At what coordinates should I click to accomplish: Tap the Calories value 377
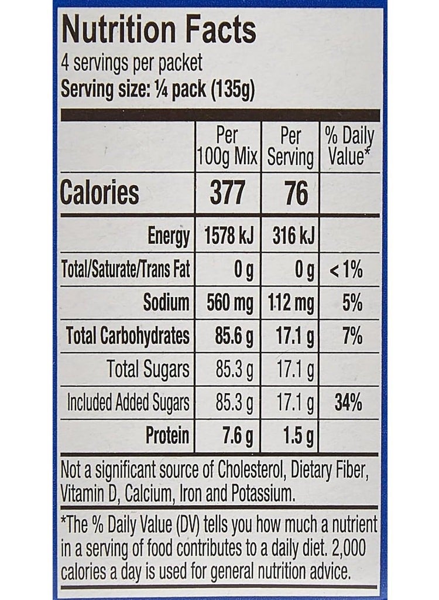(x=227, y=193)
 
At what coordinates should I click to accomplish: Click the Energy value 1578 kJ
(x=227, y=237)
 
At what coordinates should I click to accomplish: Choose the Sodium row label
(x=166, y=303)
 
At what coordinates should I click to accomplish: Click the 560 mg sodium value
(x=229, y=303)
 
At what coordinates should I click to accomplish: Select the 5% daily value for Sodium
(x=351, y=303)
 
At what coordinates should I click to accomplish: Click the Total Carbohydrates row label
(x=128, y=336)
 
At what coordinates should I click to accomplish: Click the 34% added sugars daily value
(x=348, y=403)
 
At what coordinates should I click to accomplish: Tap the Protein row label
(x=167, y=435)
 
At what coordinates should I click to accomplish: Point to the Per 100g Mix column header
(x=227, y=147)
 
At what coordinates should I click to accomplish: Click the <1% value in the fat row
(x=347, y=270)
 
